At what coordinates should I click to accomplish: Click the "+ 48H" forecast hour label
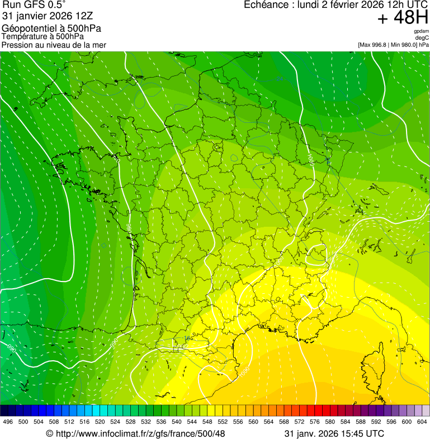click(x=403, y=18)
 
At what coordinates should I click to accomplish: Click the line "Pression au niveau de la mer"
click(x=54, y=45)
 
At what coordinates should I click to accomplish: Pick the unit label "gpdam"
click(x=422, y=31)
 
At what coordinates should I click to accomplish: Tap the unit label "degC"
click(x=423, y=37)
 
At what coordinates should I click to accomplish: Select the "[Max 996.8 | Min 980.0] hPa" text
click(x=393, y=44)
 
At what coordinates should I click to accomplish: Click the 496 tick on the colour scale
click(x=8, y=422)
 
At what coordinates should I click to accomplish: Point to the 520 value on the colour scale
click(x=100, y=422)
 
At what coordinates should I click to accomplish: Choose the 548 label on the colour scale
click(x=207, y=422)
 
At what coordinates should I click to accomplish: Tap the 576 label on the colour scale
click(x=315, y=422)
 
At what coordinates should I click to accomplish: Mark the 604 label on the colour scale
click(x=422, y=422)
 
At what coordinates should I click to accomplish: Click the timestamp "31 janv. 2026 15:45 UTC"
click(x=334, y=433)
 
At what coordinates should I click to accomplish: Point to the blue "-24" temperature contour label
click(x=280, y=79)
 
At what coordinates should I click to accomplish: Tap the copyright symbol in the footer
click(x=49, y=433)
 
